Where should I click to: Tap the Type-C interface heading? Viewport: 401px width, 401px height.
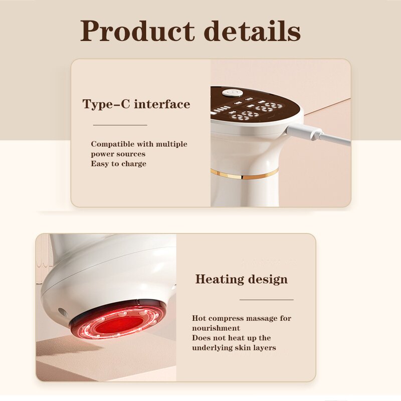coord(136,104)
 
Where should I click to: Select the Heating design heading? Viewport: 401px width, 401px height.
coord(242,279)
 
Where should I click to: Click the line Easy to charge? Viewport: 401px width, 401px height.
coord(119,164)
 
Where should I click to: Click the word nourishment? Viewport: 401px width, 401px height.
coord(216,328)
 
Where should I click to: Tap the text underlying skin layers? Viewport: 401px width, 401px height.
coord(234,348)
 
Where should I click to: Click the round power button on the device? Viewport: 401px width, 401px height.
coord(230,93)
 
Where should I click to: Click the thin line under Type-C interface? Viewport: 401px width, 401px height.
coord(120,125)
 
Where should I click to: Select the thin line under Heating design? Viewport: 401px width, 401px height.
coord(266,300)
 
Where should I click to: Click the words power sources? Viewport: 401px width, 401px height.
coord(118,154)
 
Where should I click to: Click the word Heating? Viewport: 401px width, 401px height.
coord(219,279)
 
